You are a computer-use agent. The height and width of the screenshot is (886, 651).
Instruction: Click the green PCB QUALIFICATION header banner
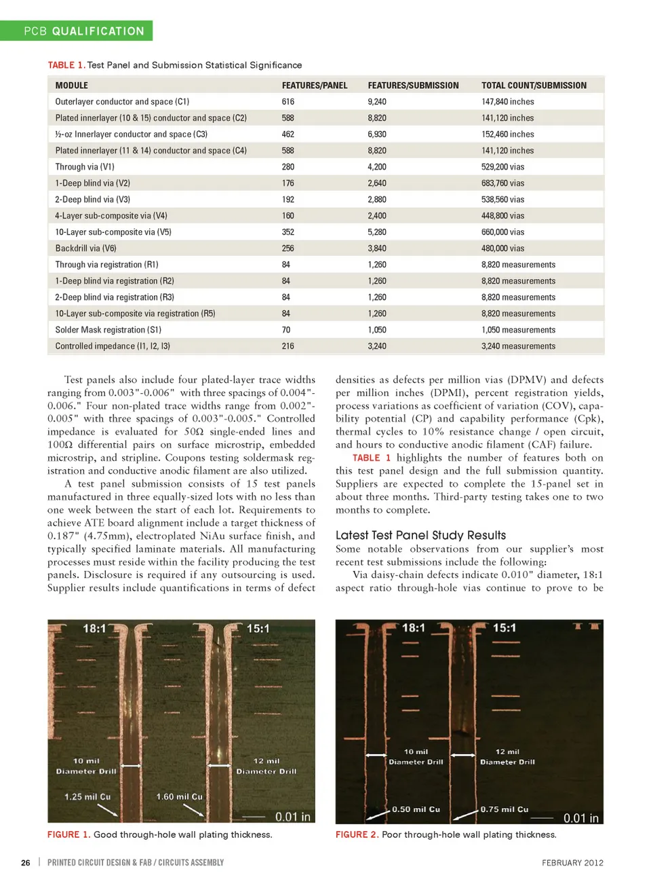(x=77, y=31)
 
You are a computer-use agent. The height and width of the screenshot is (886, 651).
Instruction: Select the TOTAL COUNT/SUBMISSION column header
(x=534, y=86)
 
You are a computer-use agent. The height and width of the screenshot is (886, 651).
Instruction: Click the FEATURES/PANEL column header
(x=315, y=86)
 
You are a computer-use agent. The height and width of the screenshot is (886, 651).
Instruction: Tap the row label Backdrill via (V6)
(x=85, y=248)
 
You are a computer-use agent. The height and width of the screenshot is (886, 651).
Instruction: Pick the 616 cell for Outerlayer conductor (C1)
(x=288, y=102)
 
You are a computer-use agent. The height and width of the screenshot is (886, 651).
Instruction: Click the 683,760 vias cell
(x=502, y=183)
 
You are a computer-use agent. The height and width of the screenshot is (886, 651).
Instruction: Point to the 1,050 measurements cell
(x=518, y=330)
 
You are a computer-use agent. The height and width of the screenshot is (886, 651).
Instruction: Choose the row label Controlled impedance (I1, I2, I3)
(x=113, y=346)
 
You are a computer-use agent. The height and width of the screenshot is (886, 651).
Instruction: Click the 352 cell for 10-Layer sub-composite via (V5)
(x=288, y=232)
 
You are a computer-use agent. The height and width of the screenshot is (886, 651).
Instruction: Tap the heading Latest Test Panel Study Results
(x=420, y=535)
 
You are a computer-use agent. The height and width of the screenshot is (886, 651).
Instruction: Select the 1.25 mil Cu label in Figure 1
(x=87, y=796)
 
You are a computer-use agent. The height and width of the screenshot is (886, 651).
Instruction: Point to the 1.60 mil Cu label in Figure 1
(x=179, y=796)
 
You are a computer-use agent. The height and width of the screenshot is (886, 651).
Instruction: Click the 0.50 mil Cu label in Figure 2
(x=416, y=809)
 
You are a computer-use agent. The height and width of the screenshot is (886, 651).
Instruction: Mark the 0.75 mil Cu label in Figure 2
(x=505, y=809)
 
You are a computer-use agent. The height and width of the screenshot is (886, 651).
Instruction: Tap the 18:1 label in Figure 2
(x=414, y=628)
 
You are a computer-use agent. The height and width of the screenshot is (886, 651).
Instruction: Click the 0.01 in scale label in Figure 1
(x=292, y=817)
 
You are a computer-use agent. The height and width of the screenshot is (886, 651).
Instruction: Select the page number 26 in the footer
(x=26, y=863)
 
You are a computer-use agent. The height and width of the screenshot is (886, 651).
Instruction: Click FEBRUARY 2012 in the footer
(x=572, y=863)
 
